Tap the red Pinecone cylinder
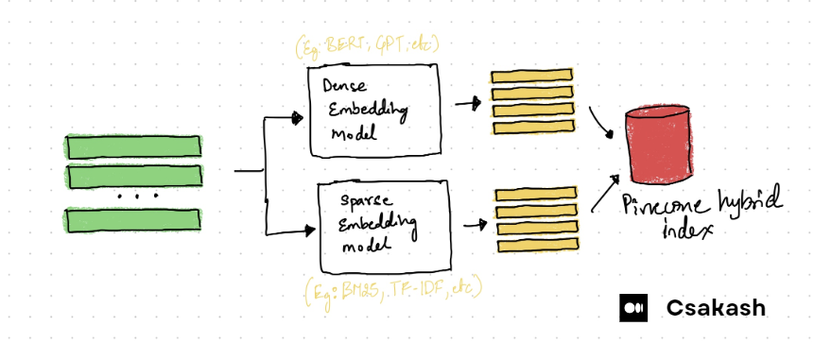659,146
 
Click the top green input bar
132,146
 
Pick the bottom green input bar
132,219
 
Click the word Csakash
716,308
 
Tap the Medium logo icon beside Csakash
632,308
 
